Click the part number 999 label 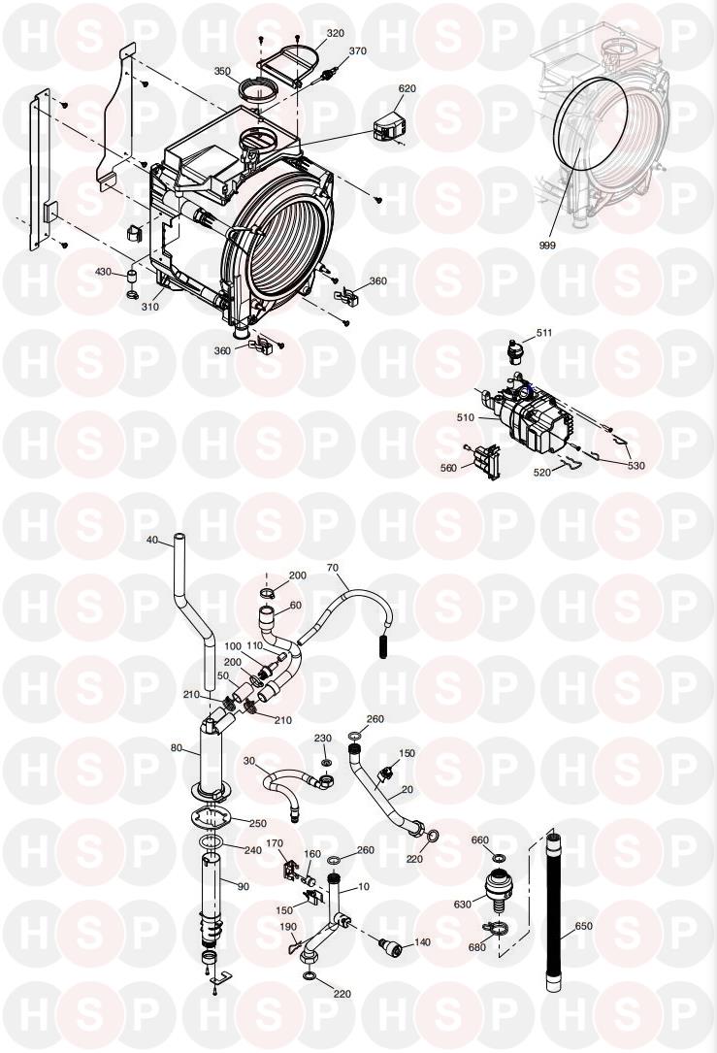[547, 246]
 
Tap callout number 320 [335, 33]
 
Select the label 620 [407, 88]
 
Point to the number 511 [543, 333]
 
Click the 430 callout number [103, 272]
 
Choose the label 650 [583, 926]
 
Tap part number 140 [422, 942]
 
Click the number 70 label [333, 568]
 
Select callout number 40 [151, 540]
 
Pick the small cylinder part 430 [132, 276]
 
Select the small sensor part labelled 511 [514, 350]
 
